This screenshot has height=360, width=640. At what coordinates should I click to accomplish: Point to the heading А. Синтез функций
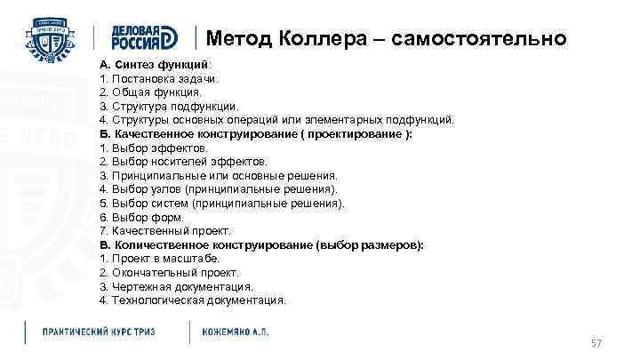[x=156, y=65]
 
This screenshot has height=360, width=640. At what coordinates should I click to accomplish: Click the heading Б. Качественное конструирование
[x=257, y=133]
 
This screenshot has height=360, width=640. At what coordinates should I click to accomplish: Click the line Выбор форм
[x=142, y=217]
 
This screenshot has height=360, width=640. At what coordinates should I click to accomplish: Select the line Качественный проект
[x=159, y=230]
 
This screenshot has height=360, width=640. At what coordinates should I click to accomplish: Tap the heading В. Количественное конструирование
[x=262, y=244]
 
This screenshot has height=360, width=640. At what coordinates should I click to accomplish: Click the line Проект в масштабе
[x=159, y=258]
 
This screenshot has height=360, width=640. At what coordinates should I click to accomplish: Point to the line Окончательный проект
[x=169, y=272]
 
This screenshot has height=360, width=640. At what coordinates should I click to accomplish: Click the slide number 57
[x=596, y=344]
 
